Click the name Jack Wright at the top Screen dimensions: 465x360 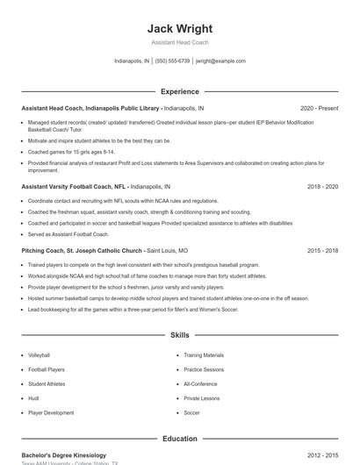coord(179,28)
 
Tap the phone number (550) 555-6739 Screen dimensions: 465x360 coord(172,61)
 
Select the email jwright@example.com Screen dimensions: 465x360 coord(220,61)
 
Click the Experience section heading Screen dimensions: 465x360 coord(179,91)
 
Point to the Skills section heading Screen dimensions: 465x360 coord(179,335)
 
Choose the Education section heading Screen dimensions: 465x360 coord(179,439)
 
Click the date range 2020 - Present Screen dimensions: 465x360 coord(319,109)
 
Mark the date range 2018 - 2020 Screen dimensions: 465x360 coord(322,187)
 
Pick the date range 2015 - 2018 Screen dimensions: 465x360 coord(322,250)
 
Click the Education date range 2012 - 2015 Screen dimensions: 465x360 coord(322,455)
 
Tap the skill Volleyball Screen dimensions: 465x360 coord(40,355)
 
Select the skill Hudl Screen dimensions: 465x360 coord(33,398)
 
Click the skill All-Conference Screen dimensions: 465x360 coord(201,384)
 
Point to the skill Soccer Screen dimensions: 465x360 coord(192,412)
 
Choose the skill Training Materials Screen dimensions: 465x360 coord(204,355)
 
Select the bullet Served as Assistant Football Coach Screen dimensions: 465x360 coord(68,234)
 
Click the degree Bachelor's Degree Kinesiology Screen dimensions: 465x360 coord(63,455)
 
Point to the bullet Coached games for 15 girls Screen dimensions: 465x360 coord(67,152)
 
